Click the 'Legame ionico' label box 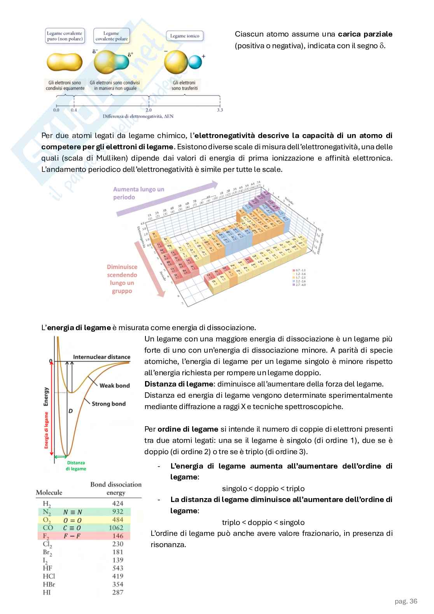(x=185, y=36)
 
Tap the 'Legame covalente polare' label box (x=112, y=36)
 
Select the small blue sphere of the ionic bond (x=195, y=62)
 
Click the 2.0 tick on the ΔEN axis (x=149, y=110)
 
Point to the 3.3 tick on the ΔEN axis (x=219, y=110)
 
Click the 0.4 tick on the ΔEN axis (x=73, y=110)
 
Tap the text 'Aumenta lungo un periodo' (x=138, y=193)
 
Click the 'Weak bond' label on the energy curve (x=114, y=385)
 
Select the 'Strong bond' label (x=108, y=404)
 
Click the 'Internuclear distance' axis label (x=101, y=357)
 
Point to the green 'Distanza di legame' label (x=76, y=466)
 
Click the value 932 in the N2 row (x=117, y=512)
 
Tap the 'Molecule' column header (x=49, y=492)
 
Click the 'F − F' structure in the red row (x=72, y=536)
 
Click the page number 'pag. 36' (x=406, y=601)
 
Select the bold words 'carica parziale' (x=365, y=34)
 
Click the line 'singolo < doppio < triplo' (x=263, y=488)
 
